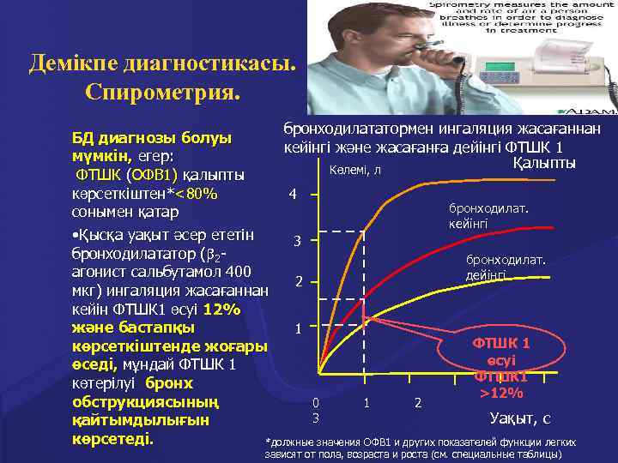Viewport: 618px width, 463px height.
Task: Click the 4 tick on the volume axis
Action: click(294, 194)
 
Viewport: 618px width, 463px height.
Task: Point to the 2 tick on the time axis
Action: click(418, 402)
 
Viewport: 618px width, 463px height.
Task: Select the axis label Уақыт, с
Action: click(519, 418)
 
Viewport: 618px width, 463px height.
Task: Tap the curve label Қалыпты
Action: click(543, 163)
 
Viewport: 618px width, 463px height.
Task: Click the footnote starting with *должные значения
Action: click(421, 447)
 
